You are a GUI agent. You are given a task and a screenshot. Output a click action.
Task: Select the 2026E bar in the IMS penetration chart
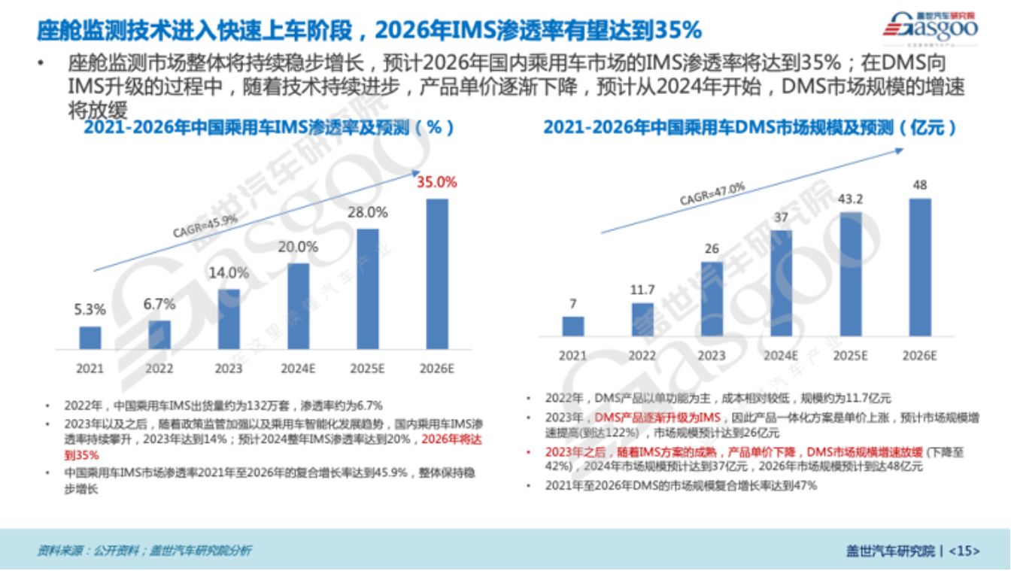point(437,274)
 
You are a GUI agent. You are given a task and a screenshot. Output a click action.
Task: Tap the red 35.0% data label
point(437,182)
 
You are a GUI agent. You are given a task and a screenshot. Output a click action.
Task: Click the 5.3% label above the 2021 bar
point(90,309)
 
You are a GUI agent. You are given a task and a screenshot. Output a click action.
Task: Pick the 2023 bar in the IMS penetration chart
point(229,319)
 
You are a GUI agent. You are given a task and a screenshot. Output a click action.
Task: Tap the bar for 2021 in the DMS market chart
point(573,326)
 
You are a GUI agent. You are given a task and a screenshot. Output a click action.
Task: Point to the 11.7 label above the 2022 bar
point(642,288)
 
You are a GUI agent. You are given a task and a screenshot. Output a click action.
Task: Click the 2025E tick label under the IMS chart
point(368,369)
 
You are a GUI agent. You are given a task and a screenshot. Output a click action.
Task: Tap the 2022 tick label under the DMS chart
point(642,355)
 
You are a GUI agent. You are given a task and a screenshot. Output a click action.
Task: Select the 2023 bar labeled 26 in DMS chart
point(712,299)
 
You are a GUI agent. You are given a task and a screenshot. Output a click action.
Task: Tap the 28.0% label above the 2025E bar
point(368,213)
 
